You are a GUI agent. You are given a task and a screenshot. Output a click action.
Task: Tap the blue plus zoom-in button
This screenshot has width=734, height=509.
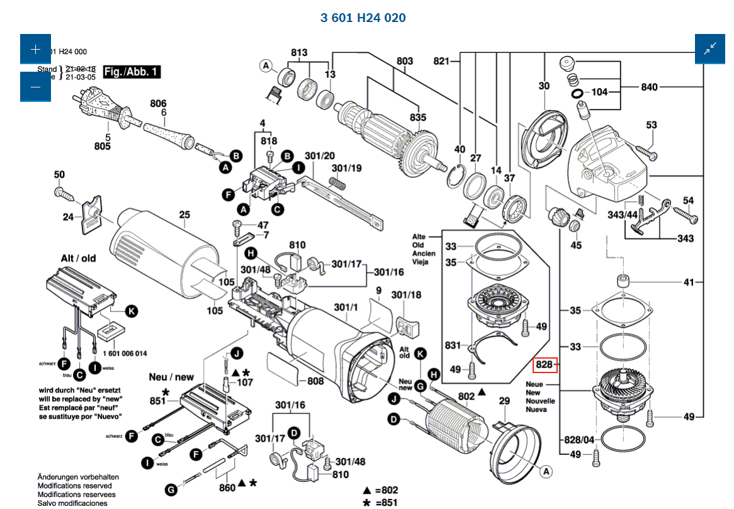pos(35,48)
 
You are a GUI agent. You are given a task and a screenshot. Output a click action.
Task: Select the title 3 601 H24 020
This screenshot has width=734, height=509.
pos(363,18)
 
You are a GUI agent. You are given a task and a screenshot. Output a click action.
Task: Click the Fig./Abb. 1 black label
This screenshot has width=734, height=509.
pos(132,72)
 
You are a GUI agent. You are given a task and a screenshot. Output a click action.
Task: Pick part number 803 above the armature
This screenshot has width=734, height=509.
pos(405,61)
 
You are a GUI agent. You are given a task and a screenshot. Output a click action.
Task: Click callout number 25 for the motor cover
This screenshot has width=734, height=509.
pos(184,215)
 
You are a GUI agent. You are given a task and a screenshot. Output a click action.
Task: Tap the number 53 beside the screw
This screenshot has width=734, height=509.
pos(651,125)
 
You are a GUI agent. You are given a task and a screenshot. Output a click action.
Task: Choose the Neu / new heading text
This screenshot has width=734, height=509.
pos(171,377)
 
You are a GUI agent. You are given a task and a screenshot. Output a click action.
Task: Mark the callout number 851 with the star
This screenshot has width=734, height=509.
pos(157,401)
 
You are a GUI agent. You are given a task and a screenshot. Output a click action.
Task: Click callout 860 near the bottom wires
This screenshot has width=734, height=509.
pos(227,487)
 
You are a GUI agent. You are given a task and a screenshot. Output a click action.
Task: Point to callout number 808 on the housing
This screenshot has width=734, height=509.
pos(315,381)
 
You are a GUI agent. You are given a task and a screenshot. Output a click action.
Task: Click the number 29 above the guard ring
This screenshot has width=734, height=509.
pos(504,401)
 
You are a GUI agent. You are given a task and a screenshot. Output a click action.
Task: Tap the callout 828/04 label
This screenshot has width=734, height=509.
pos(579,439)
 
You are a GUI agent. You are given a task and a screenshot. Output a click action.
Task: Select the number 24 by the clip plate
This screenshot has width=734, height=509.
pos(68,217)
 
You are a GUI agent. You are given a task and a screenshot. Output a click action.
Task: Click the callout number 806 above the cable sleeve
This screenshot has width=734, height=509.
pos(158,104)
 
